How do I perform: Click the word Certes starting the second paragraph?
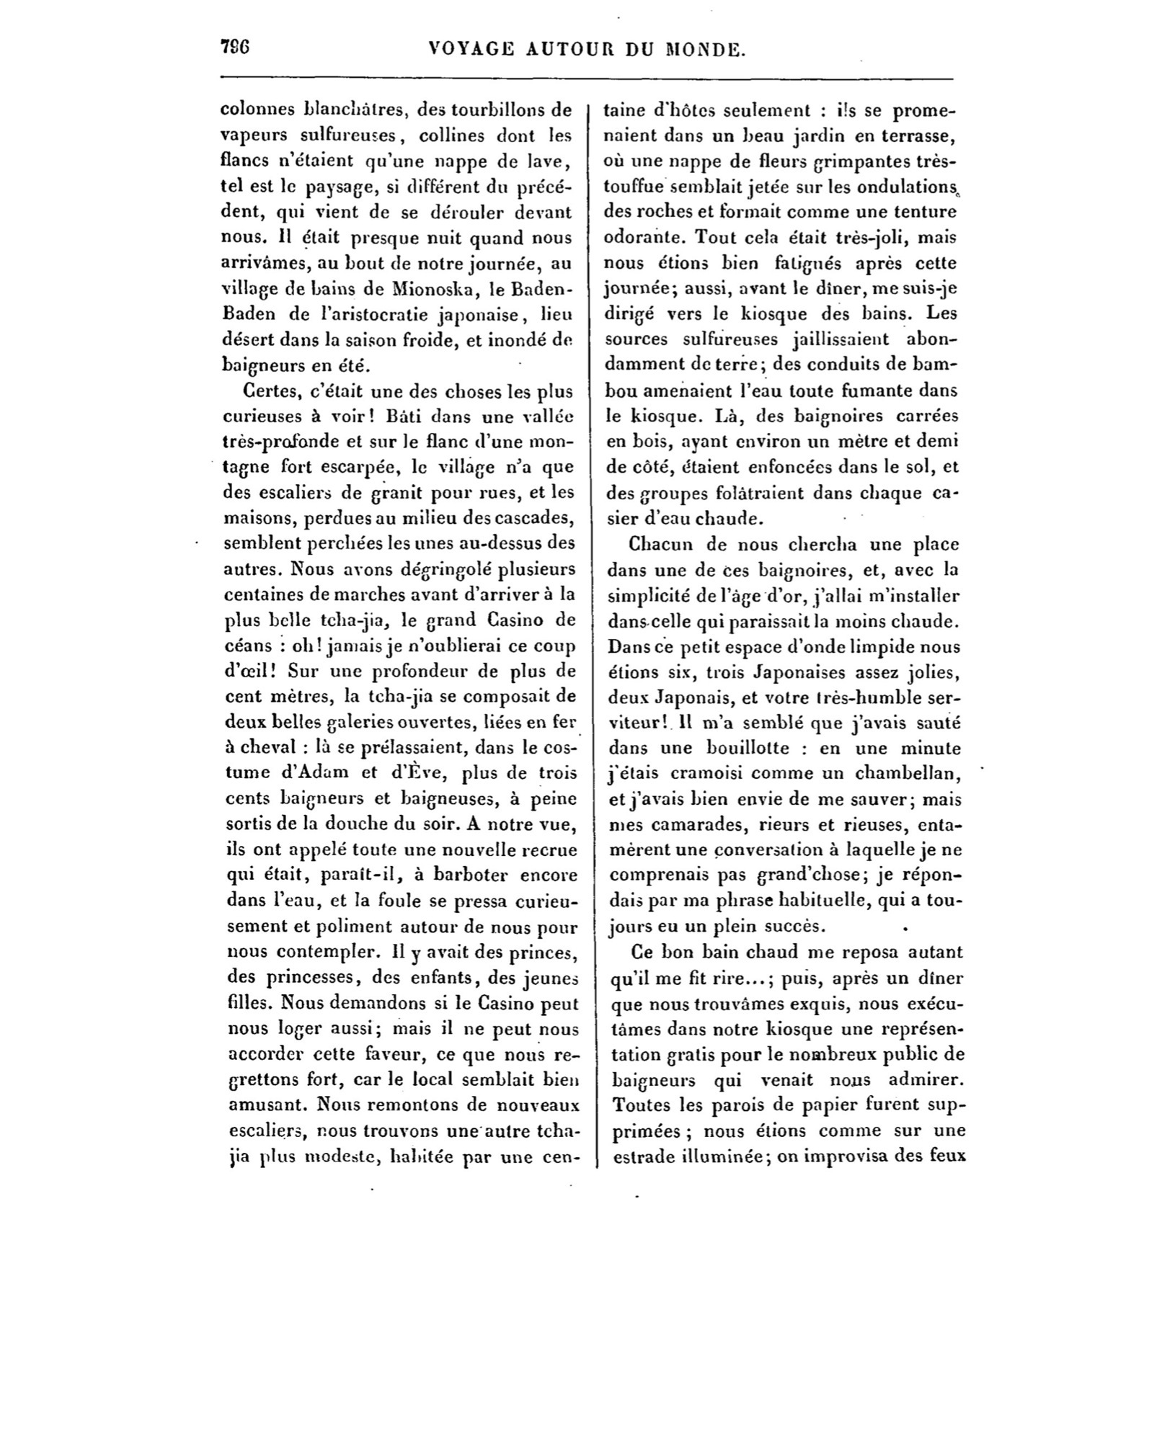point(270,391)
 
